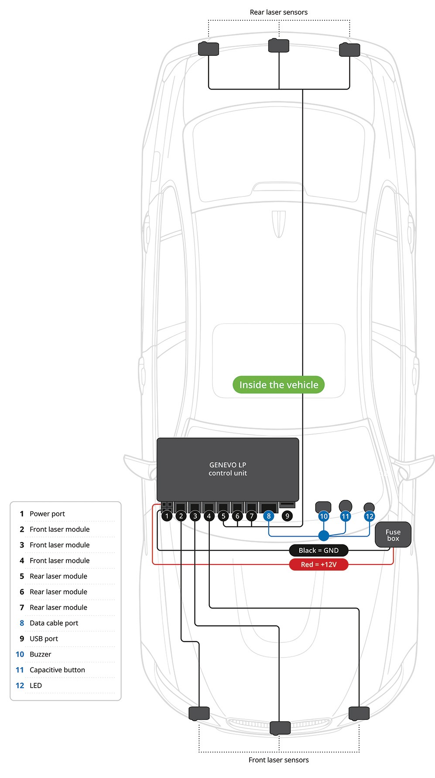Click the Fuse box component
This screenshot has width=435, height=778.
point(393,535)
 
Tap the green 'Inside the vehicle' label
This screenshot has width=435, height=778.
point(278,385)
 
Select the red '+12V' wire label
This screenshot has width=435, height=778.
point(319,565)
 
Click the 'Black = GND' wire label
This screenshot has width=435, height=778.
point(319,551)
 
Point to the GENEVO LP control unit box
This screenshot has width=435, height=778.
point(228,469)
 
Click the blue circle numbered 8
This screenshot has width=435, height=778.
point(269,516)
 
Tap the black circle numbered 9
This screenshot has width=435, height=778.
point(287,516)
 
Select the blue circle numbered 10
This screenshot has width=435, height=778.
point(324,516)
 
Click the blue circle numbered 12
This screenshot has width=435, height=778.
point(370,516)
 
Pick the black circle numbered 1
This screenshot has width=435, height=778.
point(167,516)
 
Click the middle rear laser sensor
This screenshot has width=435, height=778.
point(279,45)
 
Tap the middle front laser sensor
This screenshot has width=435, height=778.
point(280,728)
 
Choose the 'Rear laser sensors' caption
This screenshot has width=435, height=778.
point(278,12)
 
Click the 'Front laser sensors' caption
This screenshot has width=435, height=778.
point(278,760)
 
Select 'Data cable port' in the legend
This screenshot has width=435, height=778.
point(54,623)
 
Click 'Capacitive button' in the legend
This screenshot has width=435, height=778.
point(57,670)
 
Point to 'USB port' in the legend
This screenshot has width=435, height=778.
point(44,639)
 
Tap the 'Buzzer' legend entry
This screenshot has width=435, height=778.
point(40,654)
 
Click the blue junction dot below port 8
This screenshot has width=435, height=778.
point(324,536)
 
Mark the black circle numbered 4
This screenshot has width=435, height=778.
point(209,516)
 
